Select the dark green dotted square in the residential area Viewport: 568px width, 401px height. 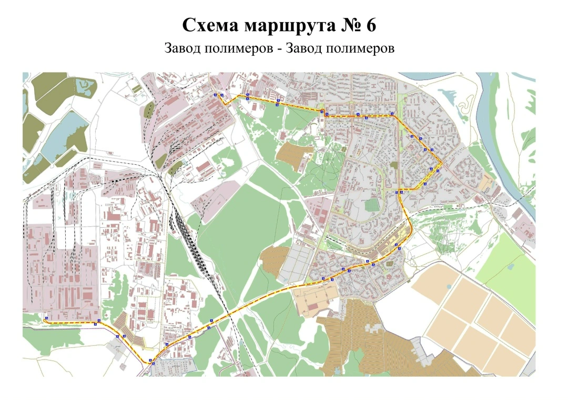372,204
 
